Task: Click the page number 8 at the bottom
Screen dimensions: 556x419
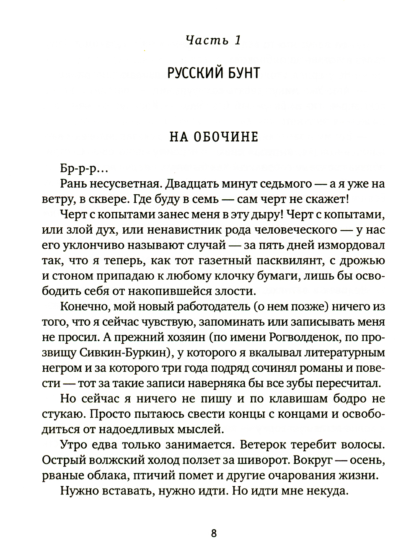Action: (214, 533)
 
